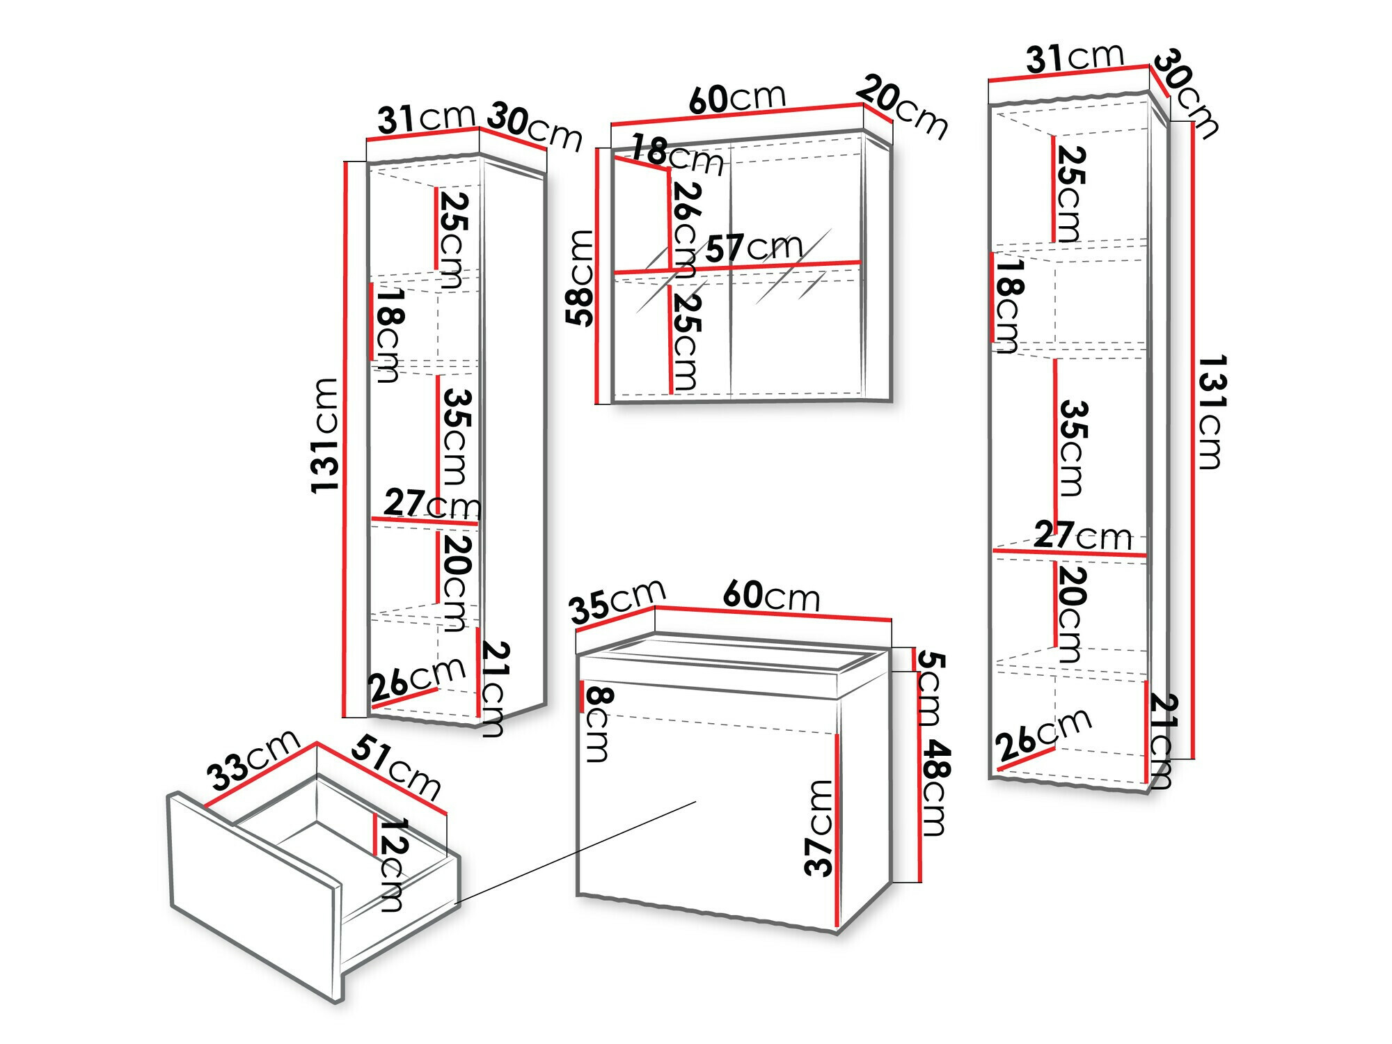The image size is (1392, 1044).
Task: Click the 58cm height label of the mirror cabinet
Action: (579, 278)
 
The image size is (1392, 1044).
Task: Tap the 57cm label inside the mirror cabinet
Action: (754, 248)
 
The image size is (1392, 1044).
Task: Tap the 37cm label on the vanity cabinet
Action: (819, 828)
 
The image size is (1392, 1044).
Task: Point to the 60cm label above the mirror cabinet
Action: (737, 98)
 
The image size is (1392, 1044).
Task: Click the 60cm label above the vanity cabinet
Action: (771, 596)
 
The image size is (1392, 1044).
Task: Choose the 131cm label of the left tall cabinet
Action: (325, 436)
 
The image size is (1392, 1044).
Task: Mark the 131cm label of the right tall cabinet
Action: (1211, 412)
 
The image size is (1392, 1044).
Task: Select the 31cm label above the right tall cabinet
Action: (1075, 58)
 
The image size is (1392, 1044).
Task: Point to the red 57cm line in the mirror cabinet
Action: (737, 267)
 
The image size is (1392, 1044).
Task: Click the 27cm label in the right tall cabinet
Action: (1083, 535)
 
